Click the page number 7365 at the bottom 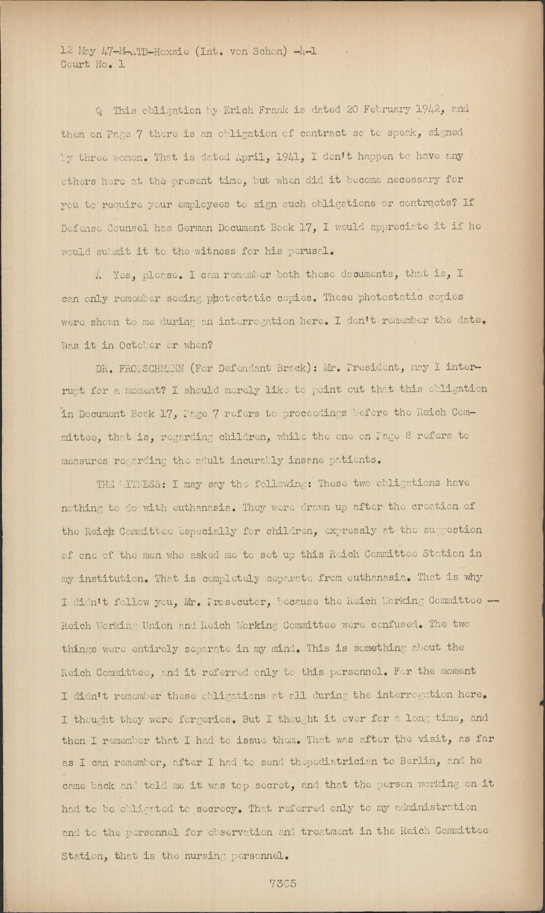point(282,883)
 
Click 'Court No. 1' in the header point(92,64)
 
